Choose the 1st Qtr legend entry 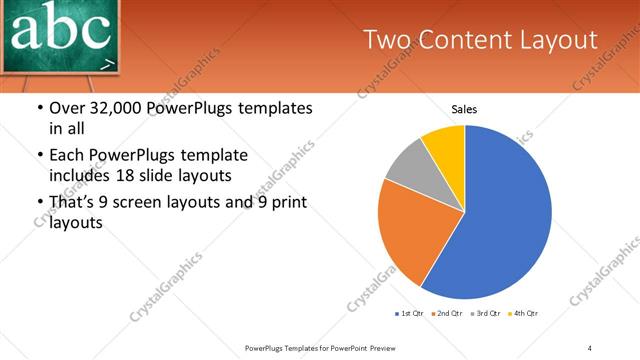pos(408,314)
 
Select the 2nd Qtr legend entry pos(447,314)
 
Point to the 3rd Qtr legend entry pos(486,314)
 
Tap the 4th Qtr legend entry pos(524,314)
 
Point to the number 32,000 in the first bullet pos(125,108)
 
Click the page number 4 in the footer pos(590,347)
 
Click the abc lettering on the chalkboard pos(60,30)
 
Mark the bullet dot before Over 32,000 pos(39,108)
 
